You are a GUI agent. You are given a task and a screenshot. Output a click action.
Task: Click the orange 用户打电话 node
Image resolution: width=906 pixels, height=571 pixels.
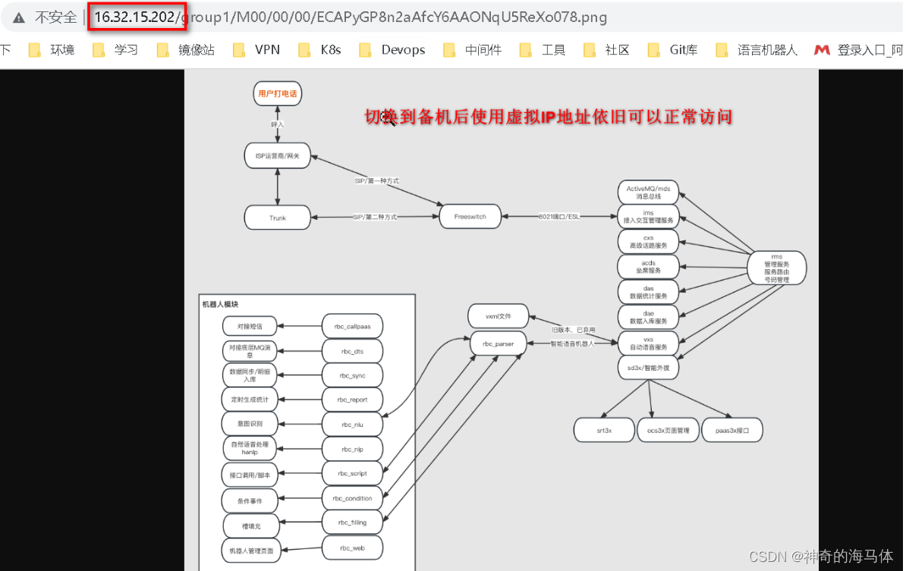point(277,93)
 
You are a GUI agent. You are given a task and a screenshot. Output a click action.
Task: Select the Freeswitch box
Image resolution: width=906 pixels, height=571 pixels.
point(470,216)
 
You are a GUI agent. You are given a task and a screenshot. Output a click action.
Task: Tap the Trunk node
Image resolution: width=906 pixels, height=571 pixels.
point(278,218)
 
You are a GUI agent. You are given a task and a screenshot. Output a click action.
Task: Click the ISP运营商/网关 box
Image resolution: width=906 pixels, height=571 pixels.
point(278,155)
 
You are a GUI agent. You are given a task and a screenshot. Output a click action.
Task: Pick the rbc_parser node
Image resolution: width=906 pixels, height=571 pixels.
point(498,344)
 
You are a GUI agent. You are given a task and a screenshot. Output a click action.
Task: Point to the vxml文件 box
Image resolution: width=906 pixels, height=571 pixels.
point(497,315)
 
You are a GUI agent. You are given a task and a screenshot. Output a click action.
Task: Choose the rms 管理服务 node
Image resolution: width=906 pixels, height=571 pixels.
point(776,268)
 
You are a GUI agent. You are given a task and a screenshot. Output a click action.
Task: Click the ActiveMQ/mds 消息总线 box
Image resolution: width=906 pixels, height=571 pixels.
point(648,192)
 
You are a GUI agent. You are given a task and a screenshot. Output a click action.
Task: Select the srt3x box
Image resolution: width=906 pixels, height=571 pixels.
point(604,430)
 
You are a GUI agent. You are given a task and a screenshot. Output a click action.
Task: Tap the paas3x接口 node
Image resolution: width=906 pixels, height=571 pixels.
point(731,430)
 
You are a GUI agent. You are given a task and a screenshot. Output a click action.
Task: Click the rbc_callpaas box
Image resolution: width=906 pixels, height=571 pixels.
point(352,326)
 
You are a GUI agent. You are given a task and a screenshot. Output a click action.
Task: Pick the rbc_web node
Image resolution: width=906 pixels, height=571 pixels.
point(352,547)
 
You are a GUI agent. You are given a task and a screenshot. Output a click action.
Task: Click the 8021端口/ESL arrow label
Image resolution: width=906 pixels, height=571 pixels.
point(558,216)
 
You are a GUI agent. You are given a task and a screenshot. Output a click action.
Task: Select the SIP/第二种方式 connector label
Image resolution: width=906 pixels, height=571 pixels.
point(374,217)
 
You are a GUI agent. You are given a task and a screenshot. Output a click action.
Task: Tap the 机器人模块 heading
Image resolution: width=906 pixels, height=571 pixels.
point(220,304)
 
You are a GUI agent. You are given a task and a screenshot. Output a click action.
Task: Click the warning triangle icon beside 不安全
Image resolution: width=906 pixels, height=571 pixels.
point(18,17)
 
